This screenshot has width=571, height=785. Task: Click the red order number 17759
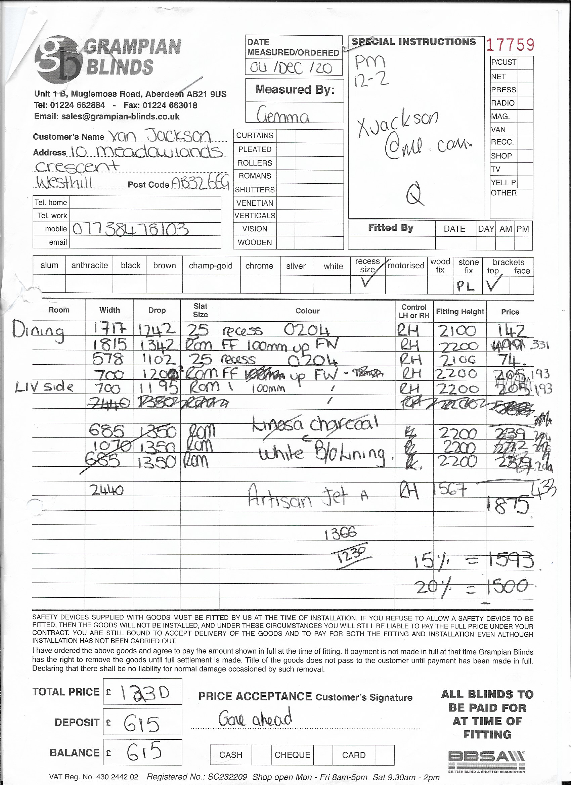[510, 45]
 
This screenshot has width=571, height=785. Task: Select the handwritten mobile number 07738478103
[131, 229]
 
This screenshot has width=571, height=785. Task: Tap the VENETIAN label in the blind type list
[255, 203]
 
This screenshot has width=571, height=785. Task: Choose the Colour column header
[307, 311]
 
